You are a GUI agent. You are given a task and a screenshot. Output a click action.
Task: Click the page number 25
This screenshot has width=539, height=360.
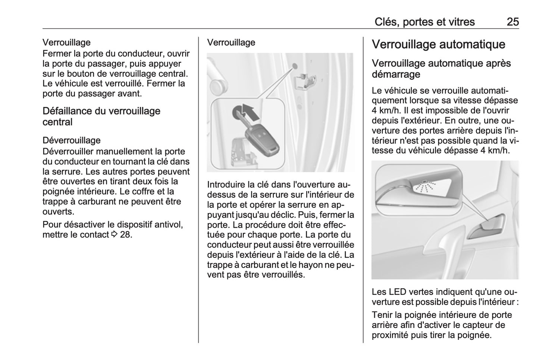point(513,22)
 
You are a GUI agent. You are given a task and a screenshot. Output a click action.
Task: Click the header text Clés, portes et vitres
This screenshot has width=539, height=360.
point(424,22)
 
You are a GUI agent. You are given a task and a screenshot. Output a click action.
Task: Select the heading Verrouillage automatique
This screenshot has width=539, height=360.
point(438,44)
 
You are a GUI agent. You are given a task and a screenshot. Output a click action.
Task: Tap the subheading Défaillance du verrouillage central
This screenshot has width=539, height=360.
point(101,116)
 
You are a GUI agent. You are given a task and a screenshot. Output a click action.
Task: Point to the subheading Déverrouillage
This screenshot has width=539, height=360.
point(72,140)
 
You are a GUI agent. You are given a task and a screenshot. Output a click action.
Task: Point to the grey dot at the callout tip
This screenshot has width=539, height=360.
point(295,66)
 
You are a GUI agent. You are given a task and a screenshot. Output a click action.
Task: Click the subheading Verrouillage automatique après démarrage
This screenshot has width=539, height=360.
point(441,69)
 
